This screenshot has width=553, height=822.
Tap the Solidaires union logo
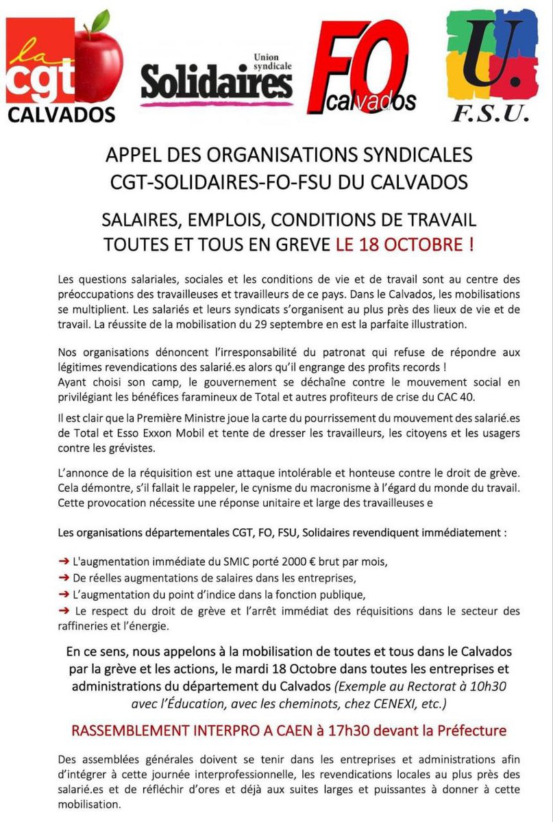(217, 81)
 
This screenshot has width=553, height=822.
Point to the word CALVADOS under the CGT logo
(61, 113)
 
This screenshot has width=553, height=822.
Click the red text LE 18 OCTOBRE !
(404, 245)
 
